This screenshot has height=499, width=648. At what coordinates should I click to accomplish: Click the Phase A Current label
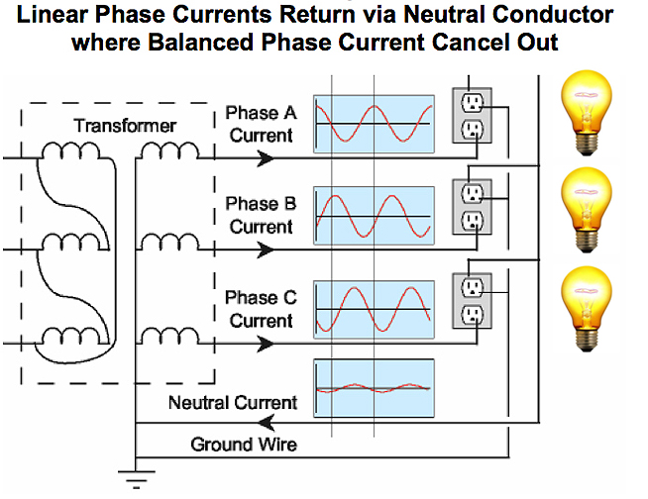point(261,124)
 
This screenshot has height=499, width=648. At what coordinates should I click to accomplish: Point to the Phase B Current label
point(261,215)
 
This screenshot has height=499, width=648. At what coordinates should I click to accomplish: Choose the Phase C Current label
point(261,309)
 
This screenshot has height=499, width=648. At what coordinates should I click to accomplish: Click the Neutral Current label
point(233,403)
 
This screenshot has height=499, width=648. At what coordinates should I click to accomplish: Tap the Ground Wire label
point(244,444)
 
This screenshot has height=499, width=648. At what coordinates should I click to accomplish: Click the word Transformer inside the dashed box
point(124,127)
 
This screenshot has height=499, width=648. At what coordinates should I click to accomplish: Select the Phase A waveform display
point(374,123)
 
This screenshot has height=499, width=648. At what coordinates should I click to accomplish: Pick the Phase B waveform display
point(374,215)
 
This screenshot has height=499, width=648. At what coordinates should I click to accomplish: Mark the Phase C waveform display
point(374,309)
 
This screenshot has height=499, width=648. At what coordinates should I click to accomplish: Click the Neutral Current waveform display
point(374,387)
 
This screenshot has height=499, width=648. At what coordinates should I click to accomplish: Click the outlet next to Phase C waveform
point(473,300)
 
